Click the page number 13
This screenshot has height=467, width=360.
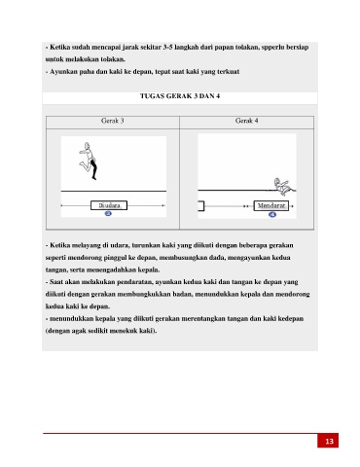point(329,441)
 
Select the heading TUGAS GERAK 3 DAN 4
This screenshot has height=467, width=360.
point(180,96)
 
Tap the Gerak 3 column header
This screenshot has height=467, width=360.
point(113,121)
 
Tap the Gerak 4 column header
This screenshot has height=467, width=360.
point(247,121)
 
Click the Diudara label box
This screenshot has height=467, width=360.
point(109,205)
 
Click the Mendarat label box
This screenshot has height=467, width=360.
point(271,205)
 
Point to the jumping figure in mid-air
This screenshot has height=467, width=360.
point(89,161)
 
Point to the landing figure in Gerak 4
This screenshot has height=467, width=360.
point(284,187)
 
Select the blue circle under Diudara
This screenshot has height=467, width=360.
point(108,213)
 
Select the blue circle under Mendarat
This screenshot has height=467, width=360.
point(272,214)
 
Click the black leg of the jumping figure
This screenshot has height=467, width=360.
point(94,168)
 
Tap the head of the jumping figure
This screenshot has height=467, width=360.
point(87,145)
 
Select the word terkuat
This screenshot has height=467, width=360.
point(229,72)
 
